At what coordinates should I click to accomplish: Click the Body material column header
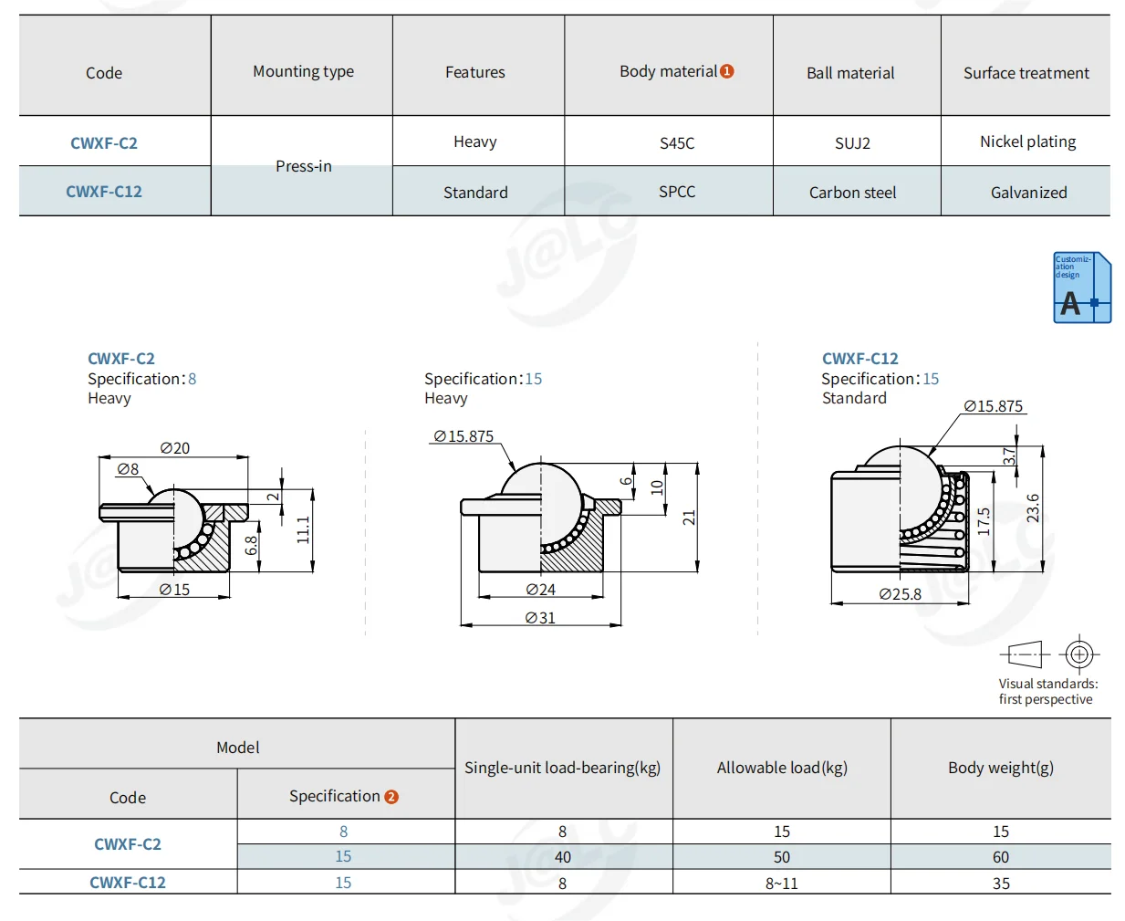click(676, 71)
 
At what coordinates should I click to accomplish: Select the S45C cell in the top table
click(676, 143)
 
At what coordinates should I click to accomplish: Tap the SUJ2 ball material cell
click(852, 143)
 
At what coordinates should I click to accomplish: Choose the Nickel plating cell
click(1027, 142)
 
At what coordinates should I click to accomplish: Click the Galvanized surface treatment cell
click(1028, 192)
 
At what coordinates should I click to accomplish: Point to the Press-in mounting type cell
click(304, 166)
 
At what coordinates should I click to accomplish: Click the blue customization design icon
click(1082, 288)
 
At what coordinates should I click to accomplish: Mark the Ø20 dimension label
click(174, 447)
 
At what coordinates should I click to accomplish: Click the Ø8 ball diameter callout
click(128, 469)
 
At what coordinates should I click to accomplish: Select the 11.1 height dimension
click(303, 529)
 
